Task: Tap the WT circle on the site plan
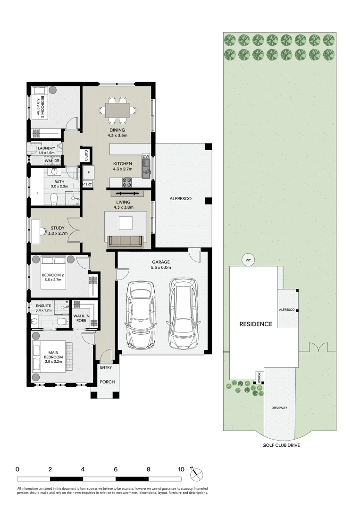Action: point(248,259)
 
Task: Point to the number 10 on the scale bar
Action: point(181,469)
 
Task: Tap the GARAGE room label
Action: point(161,262)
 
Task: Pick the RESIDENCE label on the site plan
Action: point(255,324)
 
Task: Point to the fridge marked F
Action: point(88,173)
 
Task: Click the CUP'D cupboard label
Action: point(86,154)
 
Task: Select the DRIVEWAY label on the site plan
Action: point(279,407)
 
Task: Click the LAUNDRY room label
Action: point(46,148)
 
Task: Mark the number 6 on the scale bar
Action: point(116,469)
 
